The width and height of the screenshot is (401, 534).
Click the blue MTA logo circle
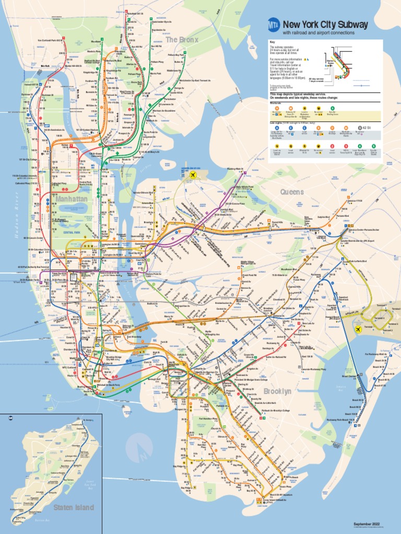coord(274,25)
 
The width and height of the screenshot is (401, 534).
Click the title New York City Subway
coord(325,25)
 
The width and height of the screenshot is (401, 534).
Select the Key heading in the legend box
coord(272,42)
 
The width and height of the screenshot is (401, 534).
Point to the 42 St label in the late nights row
coord(366,128)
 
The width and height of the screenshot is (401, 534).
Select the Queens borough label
coord(292,192)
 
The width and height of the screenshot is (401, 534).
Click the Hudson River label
coord(17,214)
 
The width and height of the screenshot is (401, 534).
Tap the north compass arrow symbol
coord(140,449)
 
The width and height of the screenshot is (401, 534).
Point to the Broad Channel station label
coord(349,375)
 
